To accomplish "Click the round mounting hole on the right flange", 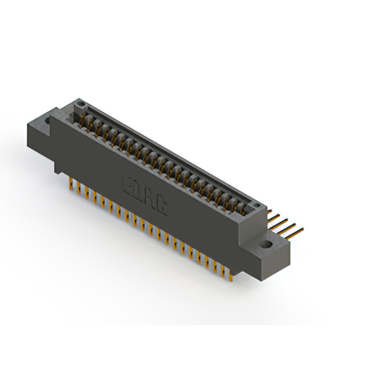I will click(x=266, y=245).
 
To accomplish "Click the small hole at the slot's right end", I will click(x=256, y=204).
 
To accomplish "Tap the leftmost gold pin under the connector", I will click(x=71, y=182).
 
